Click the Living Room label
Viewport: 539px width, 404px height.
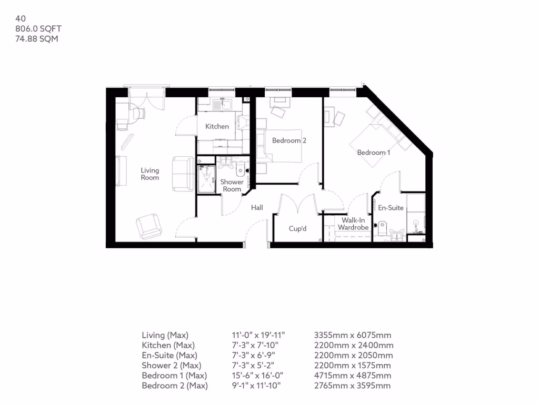[x=149, y=174]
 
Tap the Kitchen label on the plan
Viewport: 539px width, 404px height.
[x=217, y=126]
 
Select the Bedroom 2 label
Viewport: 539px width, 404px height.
[x=289, y=140]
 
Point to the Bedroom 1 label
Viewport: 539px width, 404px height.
[x=374, y=153]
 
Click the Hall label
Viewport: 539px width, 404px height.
[x=257, y=208]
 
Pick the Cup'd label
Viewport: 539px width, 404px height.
[x=297, y=229]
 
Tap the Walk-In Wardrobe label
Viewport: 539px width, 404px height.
[x=353, y=224]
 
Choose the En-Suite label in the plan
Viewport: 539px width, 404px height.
[x=391, y=208]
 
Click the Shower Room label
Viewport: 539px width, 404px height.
[x=232, y=186]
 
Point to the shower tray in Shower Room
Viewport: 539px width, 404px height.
[x=206, y=179]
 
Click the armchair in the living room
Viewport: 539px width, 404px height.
[x=149, y=226]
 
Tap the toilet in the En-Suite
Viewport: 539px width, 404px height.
[x=383, y=227]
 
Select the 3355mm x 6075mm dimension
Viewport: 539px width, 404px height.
[x=352, y=335]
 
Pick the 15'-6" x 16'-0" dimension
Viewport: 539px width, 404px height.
[x=252, y=376]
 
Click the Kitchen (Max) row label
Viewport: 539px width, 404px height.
[x=168, y=346]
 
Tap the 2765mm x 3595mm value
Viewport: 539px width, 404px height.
[x=352, y=386]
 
